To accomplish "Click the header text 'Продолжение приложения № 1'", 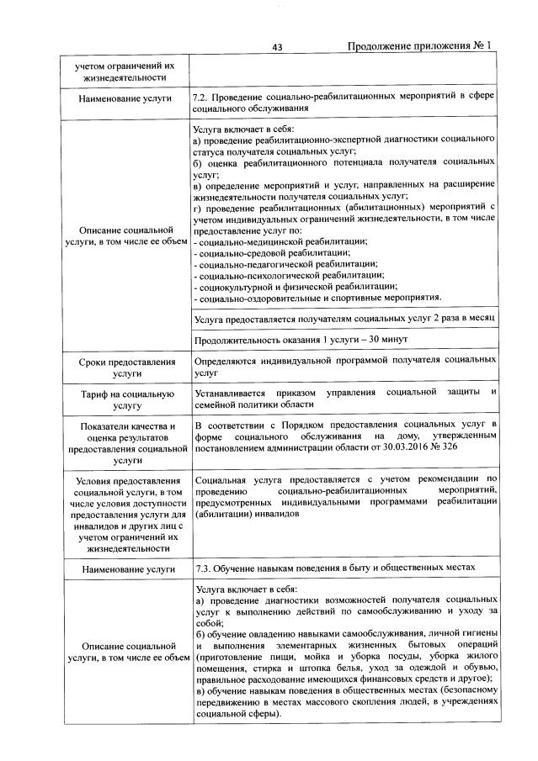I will click(x=418, y=47).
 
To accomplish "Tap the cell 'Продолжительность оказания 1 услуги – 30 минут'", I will click(x=301, y=339).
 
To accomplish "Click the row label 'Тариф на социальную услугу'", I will click(x=125, y=399).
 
